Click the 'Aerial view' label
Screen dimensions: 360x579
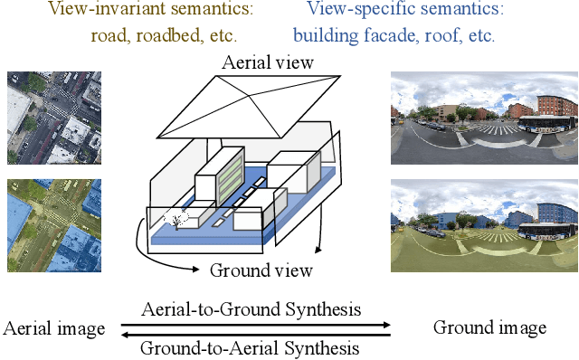[x=269, y=63]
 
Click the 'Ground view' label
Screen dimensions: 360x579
[x=261, y=270]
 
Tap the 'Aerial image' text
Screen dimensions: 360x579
[x=53, y=327]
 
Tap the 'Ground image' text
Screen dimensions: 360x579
[x=489, y=327]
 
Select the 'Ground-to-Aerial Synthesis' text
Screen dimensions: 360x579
[x=251, y=347]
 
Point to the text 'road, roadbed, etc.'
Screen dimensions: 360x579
[x=164, y=36]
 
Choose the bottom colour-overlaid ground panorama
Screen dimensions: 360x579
[x=483, y=225]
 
